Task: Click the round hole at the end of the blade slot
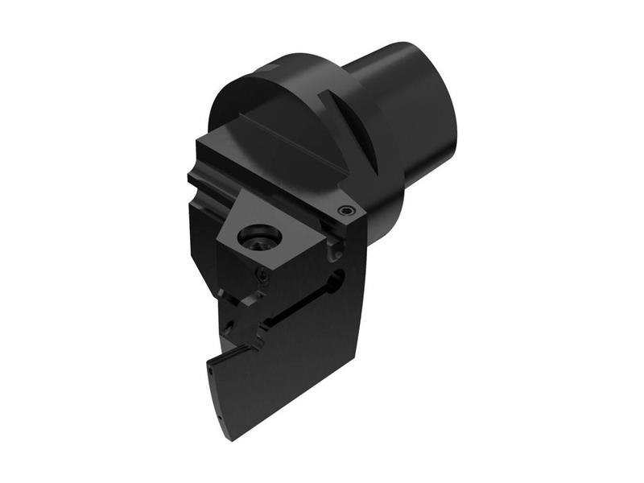coord(336,279)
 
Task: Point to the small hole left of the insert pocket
coord(230,327)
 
